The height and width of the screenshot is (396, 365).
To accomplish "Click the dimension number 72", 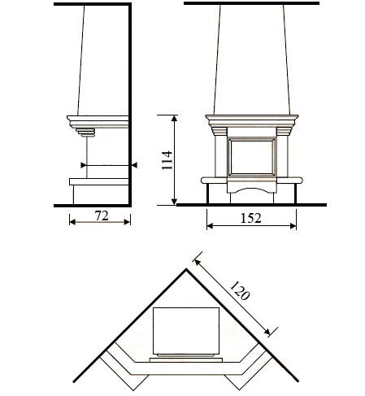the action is (102, 215).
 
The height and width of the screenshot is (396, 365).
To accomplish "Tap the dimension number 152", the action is (251, 218).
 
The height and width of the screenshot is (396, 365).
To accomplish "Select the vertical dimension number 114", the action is (167, 160).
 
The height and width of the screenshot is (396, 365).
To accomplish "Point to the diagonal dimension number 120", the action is (239, 291).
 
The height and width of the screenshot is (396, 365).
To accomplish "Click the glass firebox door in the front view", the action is (252, 157).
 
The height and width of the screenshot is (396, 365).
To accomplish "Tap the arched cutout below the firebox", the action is (252, 190).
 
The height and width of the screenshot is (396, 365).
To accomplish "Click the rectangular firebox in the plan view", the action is (186, 331).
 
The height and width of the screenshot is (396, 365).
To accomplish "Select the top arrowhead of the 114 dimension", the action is (175, 118).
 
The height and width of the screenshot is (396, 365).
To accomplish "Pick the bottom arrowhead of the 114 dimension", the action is (175, 202).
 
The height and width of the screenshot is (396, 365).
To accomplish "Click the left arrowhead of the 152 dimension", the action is (210, 225).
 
